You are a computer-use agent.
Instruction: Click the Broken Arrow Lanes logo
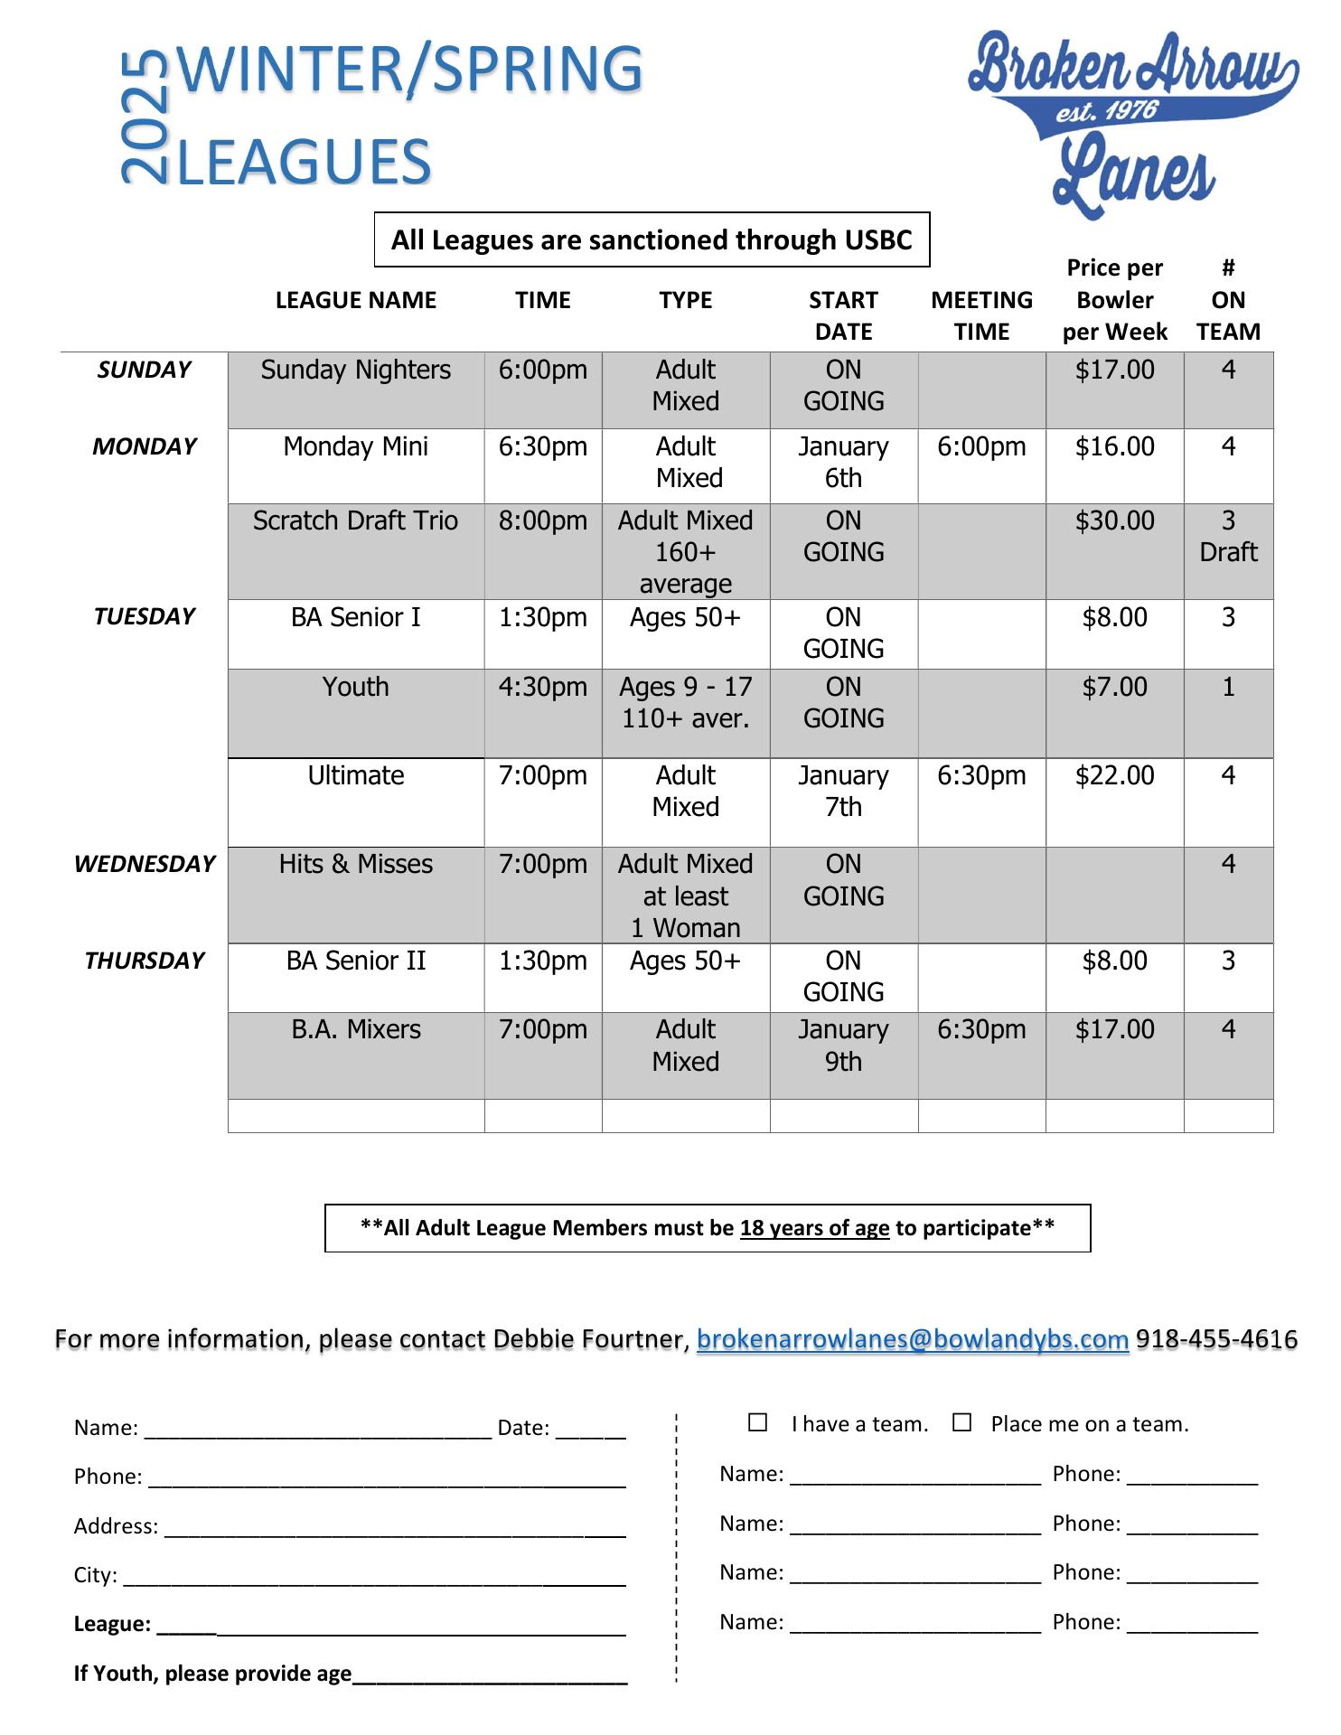point(1133,122)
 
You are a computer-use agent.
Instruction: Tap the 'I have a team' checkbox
point(757,1423)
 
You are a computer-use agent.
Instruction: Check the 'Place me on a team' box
point(961,1423)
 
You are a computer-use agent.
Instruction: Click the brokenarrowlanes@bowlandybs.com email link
point(913,1338)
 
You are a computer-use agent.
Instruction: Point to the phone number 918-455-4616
point(1216,1338)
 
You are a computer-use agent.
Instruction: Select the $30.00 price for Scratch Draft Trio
point(1114,521)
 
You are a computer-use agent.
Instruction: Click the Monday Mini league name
point(355,446)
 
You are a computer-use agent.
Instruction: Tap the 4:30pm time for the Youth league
point(542,687)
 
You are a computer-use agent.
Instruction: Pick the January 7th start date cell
point(843,791)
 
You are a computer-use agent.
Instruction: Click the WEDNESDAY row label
point(145,864)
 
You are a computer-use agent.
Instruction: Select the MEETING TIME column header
point(981,315)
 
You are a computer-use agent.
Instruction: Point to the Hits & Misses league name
point(355,864)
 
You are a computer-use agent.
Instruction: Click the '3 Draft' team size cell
point(1228,536)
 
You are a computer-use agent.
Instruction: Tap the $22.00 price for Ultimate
point(1114,775)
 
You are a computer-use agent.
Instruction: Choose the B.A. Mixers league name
point(355,1029)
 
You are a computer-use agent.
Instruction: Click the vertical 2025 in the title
point(145,117)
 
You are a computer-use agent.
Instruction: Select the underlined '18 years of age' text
point(814,1228)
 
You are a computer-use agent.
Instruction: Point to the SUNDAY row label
point(145,370)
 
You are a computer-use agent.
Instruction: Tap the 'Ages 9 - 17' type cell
point(685,688)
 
